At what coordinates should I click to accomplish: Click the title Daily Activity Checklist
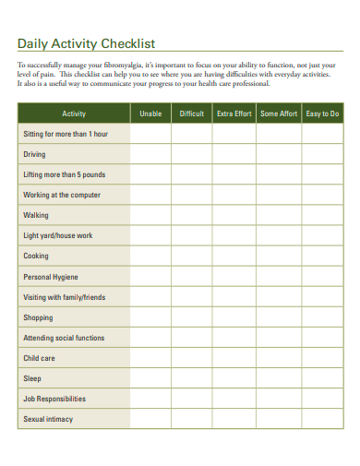(87, 43)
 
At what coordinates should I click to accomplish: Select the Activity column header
(74, 114)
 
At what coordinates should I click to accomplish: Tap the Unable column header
(150, 114)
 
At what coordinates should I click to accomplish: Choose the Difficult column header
(191, 114)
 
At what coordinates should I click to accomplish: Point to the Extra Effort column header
(234, 114)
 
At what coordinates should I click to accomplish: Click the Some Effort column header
(278, 114)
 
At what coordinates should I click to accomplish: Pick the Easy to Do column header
(321, 114)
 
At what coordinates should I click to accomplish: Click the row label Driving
(34, 154)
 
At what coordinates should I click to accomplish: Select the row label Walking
(36, 215)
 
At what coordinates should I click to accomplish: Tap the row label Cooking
(36, 256)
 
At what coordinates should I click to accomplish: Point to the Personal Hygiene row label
(51, 277)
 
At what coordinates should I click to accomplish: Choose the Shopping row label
(39, 317)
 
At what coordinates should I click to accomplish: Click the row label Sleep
(32, 378)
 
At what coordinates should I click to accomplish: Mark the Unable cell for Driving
(150, 154)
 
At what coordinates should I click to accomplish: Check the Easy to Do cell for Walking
(321, 215)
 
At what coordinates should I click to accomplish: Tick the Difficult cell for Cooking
(191, 256)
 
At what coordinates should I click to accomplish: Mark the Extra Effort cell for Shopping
(234, 317)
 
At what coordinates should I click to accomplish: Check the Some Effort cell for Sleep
(278, 378)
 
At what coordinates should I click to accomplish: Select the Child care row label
(39, 358)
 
